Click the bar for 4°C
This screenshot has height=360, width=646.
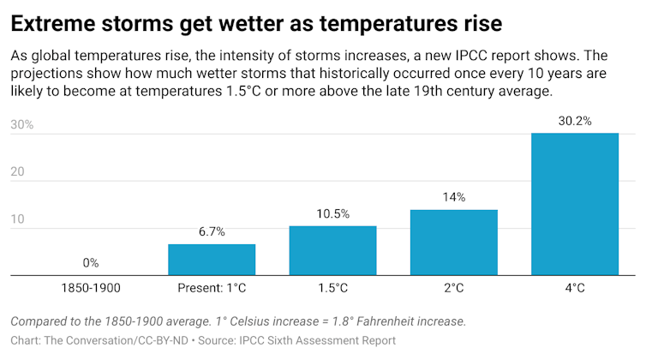(574, 204)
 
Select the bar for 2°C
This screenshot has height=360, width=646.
(453, 243)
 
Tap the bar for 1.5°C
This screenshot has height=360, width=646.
(332, 250)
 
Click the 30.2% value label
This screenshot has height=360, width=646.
(574, 121)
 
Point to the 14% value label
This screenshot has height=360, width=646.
(453, 197)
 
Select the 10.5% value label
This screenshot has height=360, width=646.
(332, 214)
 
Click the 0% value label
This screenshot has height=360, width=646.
(90, 263)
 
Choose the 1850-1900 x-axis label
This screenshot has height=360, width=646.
(90, 288)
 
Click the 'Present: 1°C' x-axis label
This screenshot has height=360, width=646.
(211, 288)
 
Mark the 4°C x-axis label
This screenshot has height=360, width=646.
(574, 288)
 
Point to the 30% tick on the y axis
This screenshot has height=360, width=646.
(21, 124)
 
